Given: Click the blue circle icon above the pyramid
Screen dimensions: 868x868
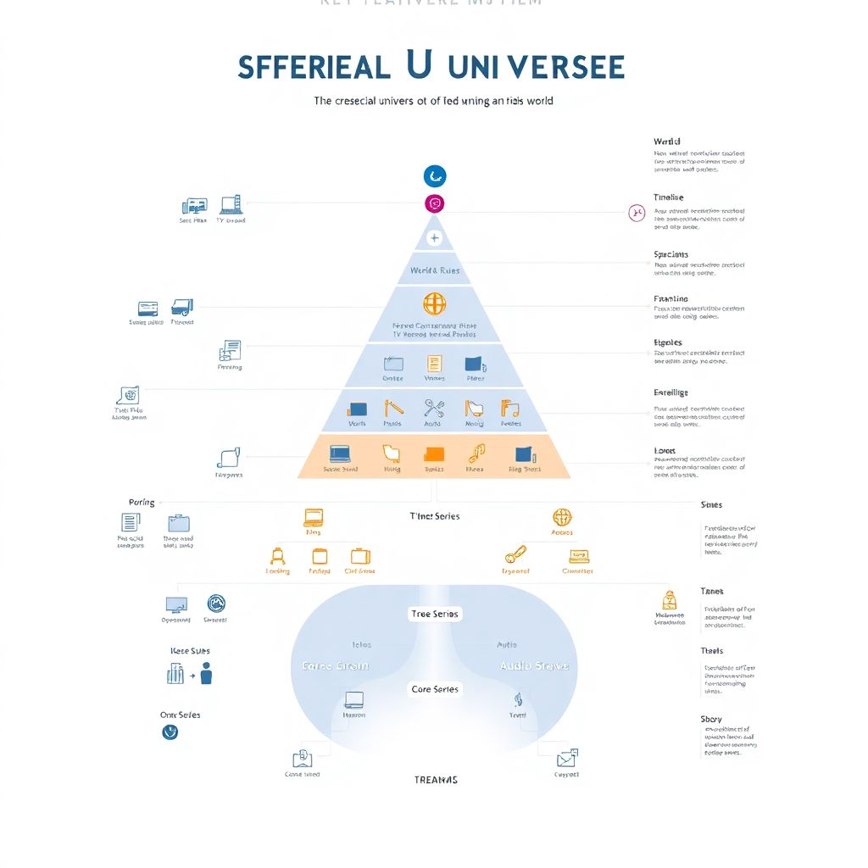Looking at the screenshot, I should [x=434, y=176].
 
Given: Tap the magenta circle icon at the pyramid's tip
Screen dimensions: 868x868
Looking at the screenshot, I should [x=434, y=203].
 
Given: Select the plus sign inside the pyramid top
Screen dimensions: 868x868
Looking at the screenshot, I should [x=434, y=238].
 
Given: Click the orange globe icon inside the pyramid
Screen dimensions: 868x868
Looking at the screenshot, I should [x=434, y=303].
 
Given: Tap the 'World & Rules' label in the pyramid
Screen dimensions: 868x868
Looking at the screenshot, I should [x=434, y=270].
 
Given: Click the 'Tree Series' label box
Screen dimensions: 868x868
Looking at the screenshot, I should [x=435, y=614].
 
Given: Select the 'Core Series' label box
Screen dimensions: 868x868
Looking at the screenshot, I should [x=435, y=689].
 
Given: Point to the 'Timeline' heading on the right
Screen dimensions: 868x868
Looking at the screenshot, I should [x=668, y=198].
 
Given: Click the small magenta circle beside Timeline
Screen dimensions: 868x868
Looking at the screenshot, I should [x=637, y=212].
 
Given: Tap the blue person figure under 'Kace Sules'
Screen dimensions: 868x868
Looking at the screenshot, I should [x=206, y=674].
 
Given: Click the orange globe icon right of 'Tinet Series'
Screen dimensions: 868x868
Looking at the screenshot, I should [x=562, y=517].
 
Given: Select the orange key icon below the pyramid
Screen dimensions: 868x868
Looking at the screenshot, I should [x=515, y=555].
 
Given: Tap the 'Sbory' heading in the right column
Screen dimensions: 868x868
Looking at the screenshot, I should [x=711, y=719].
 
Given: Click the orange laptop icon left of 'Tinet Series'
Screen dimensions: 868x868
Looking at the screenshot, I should [x=314, y=517].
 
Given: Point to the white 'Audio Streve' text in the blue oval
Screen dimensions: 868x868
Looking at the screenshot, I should [x=534, y=665].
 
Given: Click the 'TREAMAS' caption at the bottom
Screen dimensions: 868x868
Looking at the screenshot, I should [x=435, y=780].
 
